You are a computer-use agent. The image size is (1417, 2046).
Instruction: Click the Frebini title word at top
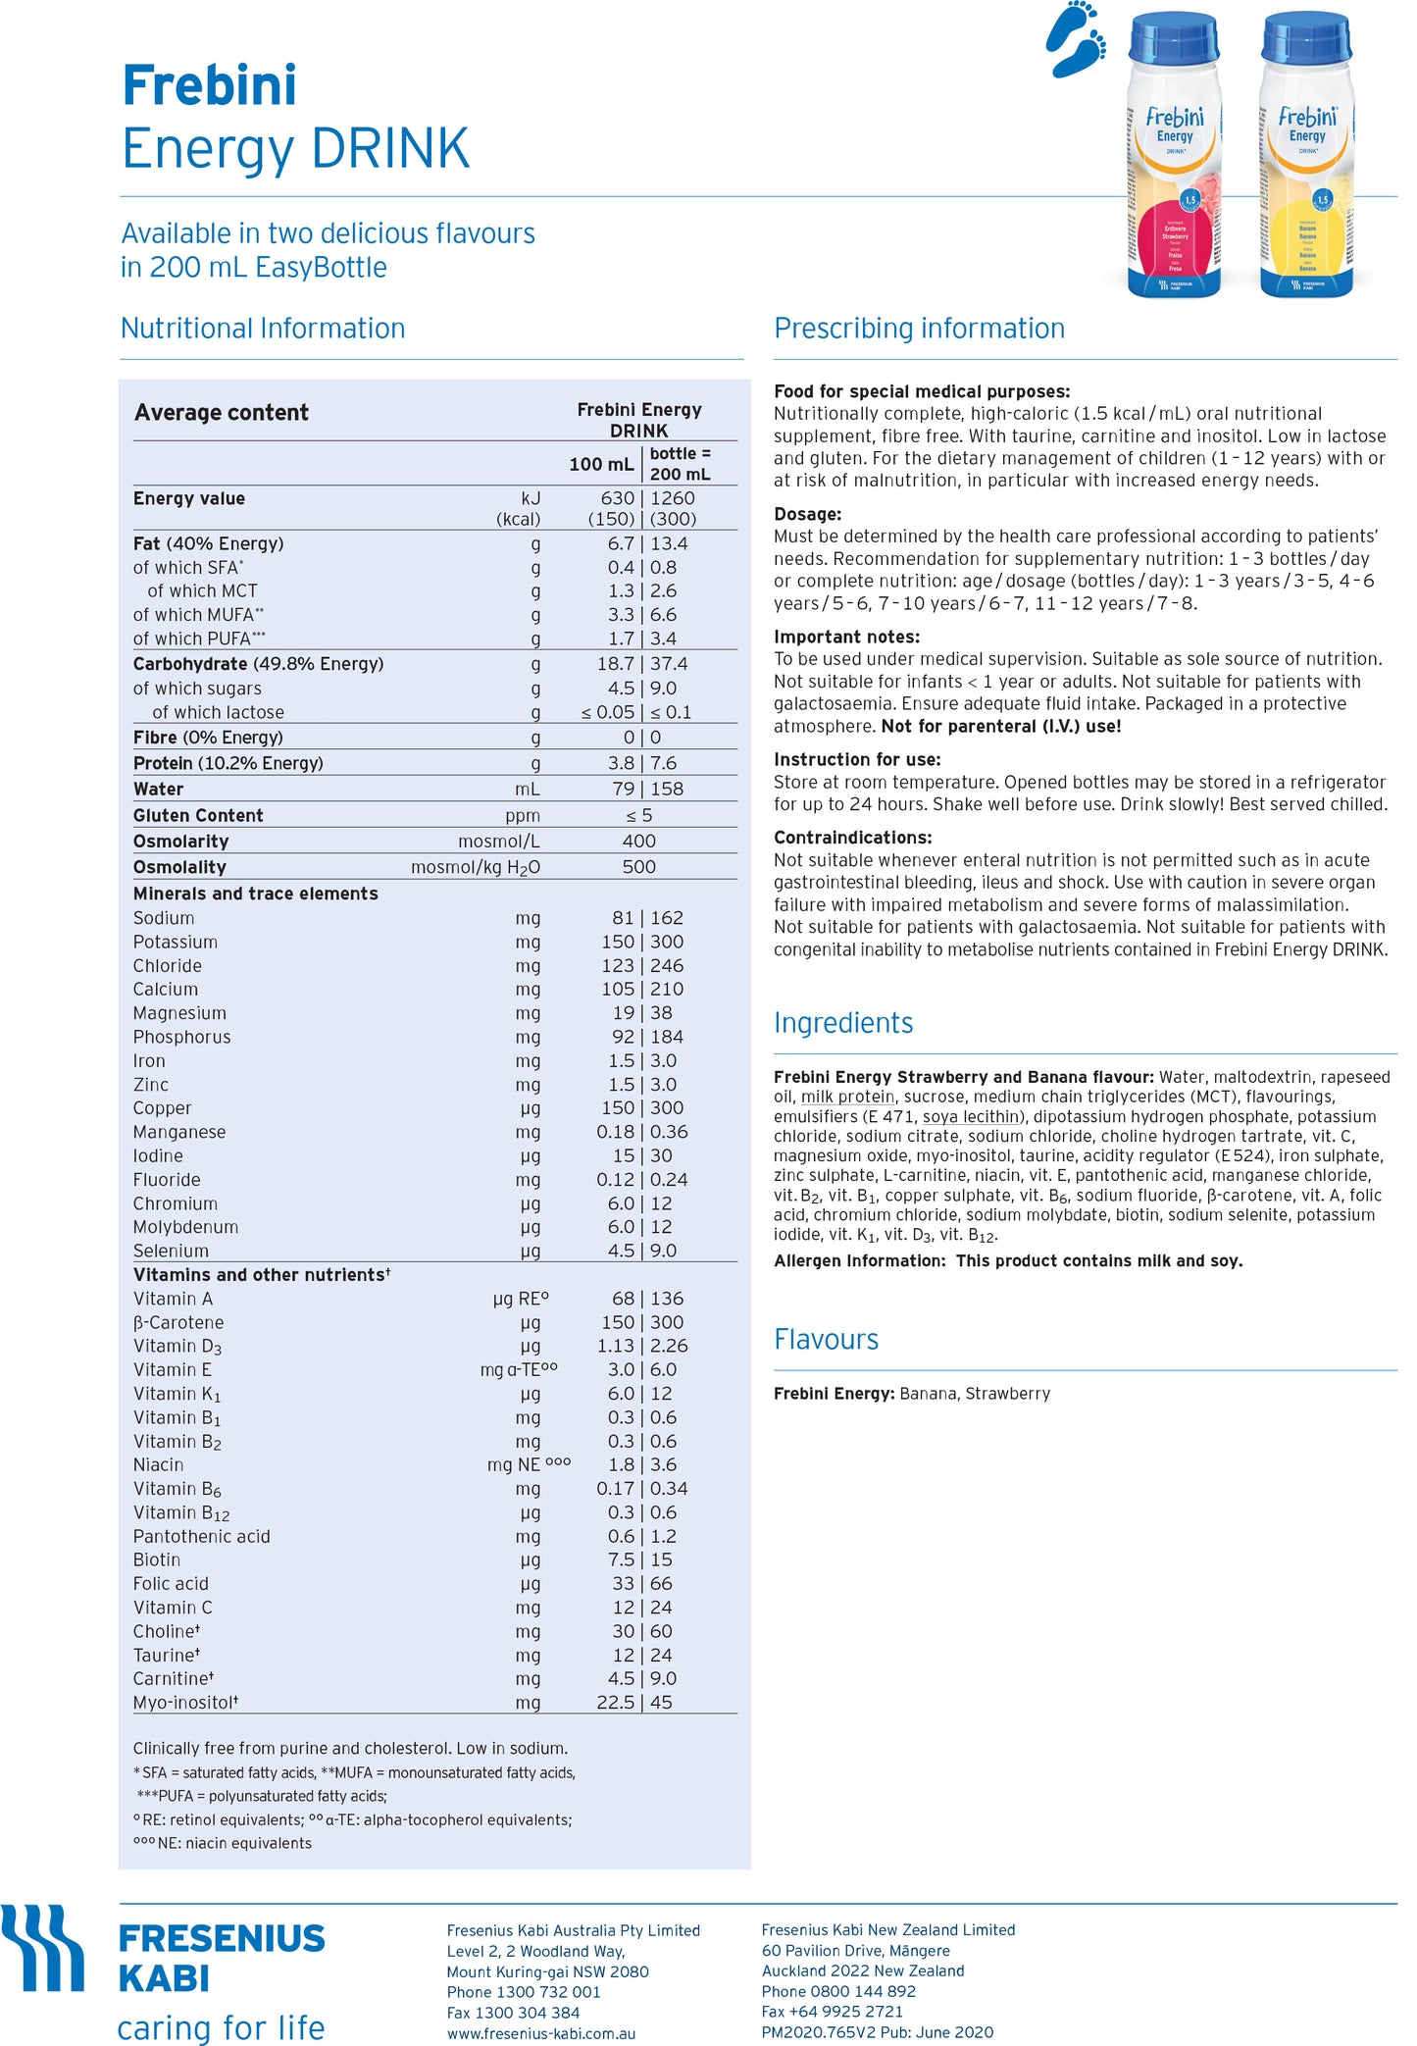(x=209, y=85)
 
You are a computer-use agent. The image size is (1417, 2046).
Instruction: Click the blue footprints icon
(x=1076, y=39)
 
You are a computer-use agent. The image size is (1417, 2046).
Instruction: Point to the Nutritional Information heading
(x=263, y=329)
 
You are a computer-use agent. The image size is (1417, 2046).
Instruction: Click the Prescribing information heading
(x=919, y=329)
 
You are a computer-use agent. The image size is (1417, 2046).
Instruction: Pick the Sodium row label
(x=164, y=918)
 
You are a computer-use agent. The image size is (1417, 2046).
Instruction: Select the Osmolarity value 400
(x=638, y=842)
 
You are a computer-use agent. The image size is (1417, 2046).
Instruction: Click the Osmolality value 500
(x=638, y=867)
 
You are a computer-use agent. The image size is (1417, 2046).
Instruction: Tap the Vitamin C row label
(x=173, y=1608)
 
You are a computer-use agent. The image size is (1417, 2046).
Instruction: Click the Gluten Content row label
(x=198, y=815)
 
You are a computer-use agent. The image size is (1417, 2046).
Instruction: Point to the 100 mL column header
(x=601, y=464)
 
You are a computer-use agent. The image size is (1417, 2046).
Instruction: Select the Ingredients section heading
(x=843, y=1023)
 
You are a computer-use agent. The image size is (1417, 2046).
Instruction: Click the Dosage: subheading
(x=807, y=514)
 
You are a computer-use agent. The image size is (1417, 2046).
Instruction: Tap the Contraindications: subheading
(x=852, y=838)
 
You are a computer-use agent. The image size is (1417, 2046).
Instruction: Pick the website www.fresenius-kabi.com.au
(x=541, y=2033)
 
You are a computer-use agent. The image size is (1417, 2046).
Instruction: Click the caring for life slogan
(x=221, y=2027)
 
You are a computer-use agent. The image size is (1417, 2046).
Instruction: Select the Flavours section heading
(x=826, y=1340)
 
